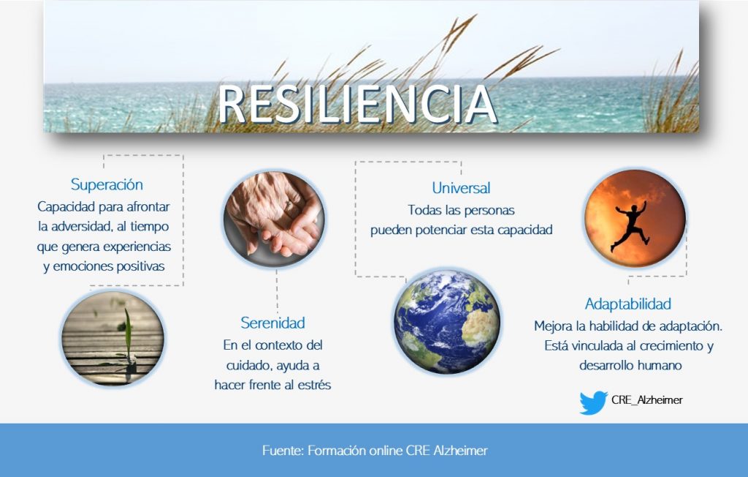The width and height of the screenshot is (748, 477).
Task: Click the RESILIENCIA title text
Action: [358, 105]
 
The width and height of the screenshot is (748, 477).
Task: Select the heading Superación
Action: [107, 184]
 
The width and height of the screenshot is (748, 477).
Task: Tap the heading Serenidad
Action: [272, 323]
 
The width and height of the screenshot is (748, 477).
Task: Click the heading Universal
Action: [461, 188]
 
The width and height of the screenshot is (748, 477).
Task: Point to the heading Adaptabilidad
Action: [627, 304]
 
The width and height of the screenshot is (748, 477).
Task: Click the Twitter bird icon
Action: [593, 402]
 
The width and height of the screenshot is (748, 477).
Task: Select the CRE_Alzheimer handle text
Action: [646, 400]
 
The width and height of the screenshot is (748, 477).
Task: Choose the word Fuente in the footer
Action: [281, 451]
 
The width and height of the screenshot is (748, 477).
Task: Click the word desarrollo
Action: [605, 364]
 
